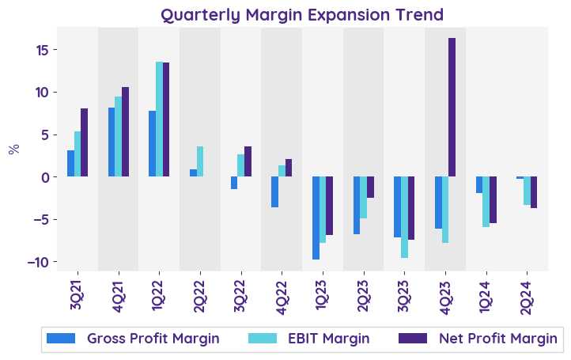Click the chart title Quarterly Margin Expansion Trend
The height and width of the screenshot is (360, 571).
pos(302,15)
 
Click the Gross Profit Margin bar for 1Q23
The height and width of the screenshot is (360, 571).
pos(316,218)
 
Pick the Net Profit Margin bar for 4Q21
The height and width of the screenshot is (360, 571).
pos(125,131)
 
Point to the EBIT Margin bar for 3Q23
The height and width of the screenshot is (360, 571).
pos(404,217)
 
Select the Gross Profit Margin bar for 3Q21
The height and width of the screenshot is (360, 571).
pos(70,163)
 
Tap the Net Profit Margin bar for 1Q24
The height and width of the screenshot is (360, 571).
pos(493,199)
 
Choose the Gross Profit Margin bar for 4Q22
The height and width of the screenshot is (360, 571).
pos(274,191)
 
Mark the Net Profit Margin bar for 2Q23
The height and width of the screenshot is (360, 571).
pos(370,187)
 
